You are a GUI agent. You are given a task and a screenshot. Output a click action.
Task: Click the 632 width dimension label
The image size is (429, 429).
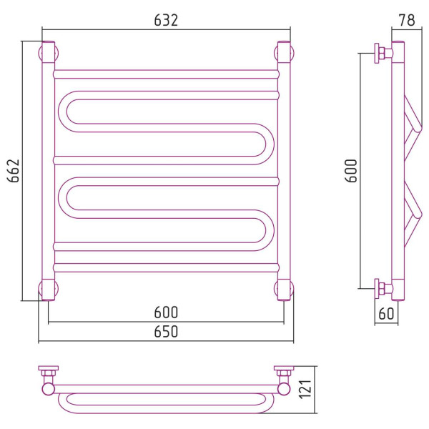tap(166, 20)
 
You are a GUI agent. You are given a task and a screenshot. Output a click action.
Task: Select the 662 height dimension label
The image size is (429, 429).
tap(14, 171)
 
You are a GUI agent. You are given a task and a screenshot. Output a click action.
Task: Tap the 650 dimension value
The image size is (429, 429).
tap(166, 332)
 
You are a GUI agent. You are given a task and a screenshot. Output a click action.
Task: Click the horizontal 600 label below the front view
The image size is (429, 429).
tap(166, 312)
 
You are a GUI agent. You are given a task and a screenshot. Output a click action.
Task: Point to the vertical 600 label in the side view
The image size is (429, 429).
tap(351, 171)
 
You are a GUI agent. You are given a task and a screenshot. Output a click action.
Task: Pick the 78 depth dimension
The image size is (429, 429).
tap(407, 20)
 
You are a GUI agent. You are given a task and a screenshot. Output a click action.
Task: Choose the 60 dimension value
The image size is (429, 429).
tap(386, 314)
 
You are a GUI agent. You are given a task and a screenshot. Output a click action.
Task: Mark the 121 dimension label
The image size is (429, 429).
tap(305, 390)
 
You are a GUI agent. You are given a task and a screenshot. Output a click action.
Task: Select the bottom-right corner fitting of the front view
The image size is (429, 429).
tap(284, 290)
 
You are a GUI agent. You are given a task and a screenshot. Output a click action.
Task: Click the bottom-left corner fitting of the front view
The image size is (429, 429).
tap(49, 290)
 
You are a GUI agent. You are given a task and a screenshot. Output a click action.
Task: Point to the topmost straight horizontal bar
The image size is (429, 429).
tap(166, 74)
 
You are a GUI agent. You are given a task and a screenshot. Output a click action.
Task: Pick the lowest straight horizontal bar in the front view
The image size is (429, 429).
tap(166, 267)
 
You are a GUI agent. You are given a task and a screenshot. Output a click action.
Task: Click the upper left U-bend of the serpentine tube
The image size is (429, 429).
tap(62, 112)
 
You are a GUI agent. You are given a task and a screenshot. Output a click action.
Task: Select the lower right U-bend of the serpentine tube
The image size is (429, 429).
tap(270, 230)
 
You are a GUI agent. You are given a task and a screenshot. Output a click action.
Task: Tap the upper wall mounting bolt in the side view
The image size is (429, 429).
tap(383, 53)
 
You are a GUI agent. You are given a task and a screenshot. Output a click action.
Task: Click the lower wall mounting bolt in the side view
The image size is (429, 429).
tap(383, 289)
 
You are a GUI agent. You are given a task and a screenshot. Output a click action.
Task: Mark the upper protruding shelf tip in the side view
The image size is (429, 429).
tap(418, 128)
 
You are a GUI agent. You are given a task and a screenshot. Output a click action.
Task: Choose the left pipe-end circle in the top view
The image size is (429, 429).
tap(49, 389)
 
